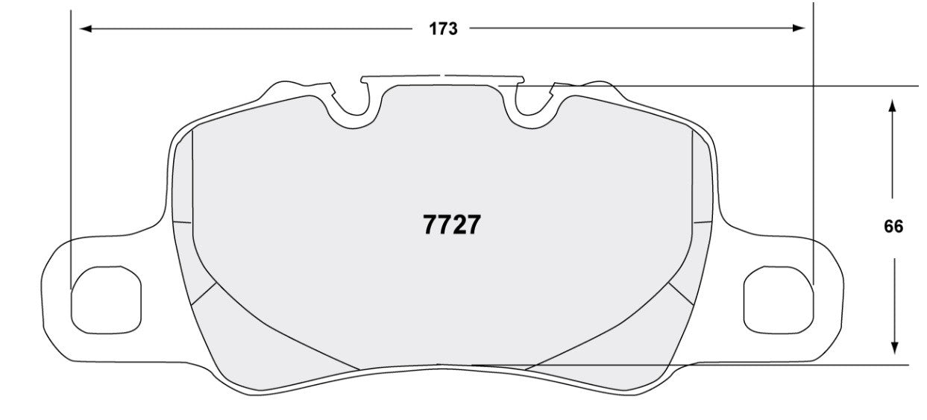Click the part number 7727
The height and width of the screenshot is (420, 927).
[452, 225]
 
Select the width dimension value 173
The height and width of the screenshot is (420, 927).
[443, 29]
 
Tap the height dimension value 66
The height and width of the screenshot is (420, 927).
[893, 227]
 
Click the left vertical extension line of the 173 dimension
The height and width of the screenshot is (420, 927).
[71, 149]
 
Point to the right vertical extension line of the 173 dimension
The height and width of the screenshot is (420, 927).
[813, 149]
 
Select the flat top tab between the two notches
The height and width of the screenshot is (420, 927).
[443, 78]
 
